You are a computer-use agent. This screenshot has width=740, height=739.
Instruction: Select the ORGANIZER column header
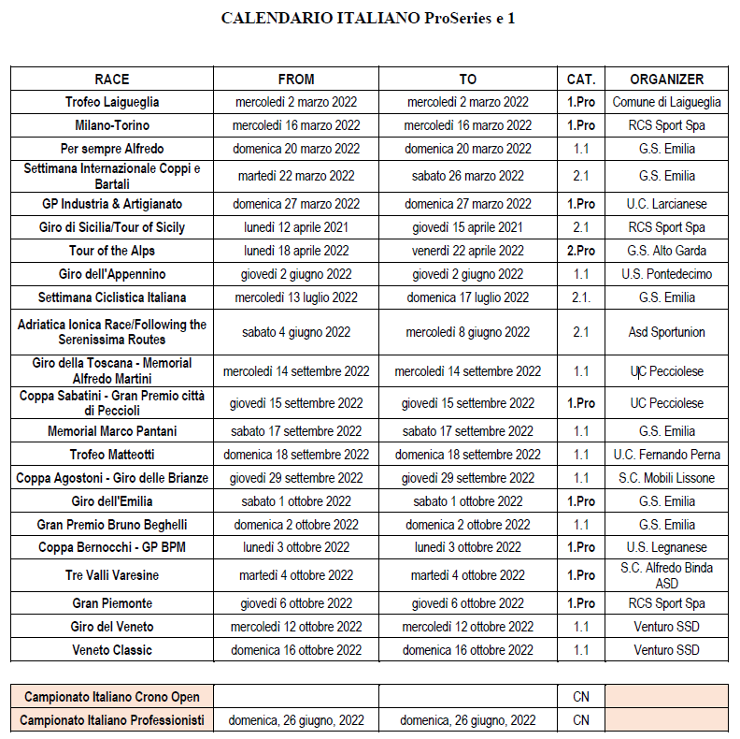666,80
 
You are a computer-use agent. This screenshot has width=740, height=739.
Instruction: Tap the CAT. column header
581,80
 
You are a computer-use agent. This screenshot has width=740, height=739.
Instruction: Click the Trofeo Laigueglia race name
112,102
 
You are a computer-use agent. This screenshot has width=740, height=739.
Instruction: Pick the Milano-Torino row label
112,125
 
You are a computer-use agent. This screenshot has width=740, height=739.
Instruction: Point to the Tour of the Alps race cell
112,251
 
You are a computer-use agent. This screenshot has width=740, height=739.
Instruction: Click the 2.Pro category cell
581,251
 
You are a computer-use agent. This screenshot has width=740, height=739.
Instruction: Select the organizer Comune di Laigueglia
666,102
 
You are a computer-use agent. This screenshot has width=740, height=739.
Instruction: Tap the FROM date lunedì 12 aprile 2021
296,227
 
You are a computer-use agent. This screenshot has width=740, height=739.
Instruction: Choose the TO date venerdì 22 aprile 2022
468,251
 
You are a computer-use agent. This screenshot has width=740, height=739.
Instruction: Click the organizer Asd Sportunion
666,332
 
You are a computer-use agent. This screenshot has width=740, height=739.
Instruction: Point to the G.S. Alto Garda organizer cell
666,251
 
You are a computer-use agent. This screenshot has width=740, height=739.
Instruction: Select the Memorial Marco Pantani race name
112,431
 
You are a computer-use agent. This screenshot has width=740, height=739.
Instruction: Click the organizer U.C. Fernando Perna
666,455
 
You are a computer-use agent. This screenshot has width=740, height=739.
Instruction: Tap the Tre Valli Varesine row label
112,575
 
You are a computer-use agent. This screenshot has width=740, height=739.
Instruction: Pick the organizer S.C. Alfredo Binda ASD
666,575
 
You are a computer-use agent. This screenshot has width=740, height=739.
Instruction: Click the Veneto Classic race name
112,650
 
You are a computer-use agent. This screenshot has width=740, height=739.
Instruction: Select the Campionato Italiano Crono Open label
112,697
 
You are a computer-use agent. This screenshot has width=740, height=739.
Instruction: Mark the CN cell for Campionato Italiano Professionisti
581,720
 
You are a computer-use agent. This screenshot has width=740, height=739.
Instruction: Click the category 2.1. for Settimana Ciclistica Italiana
581,297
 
